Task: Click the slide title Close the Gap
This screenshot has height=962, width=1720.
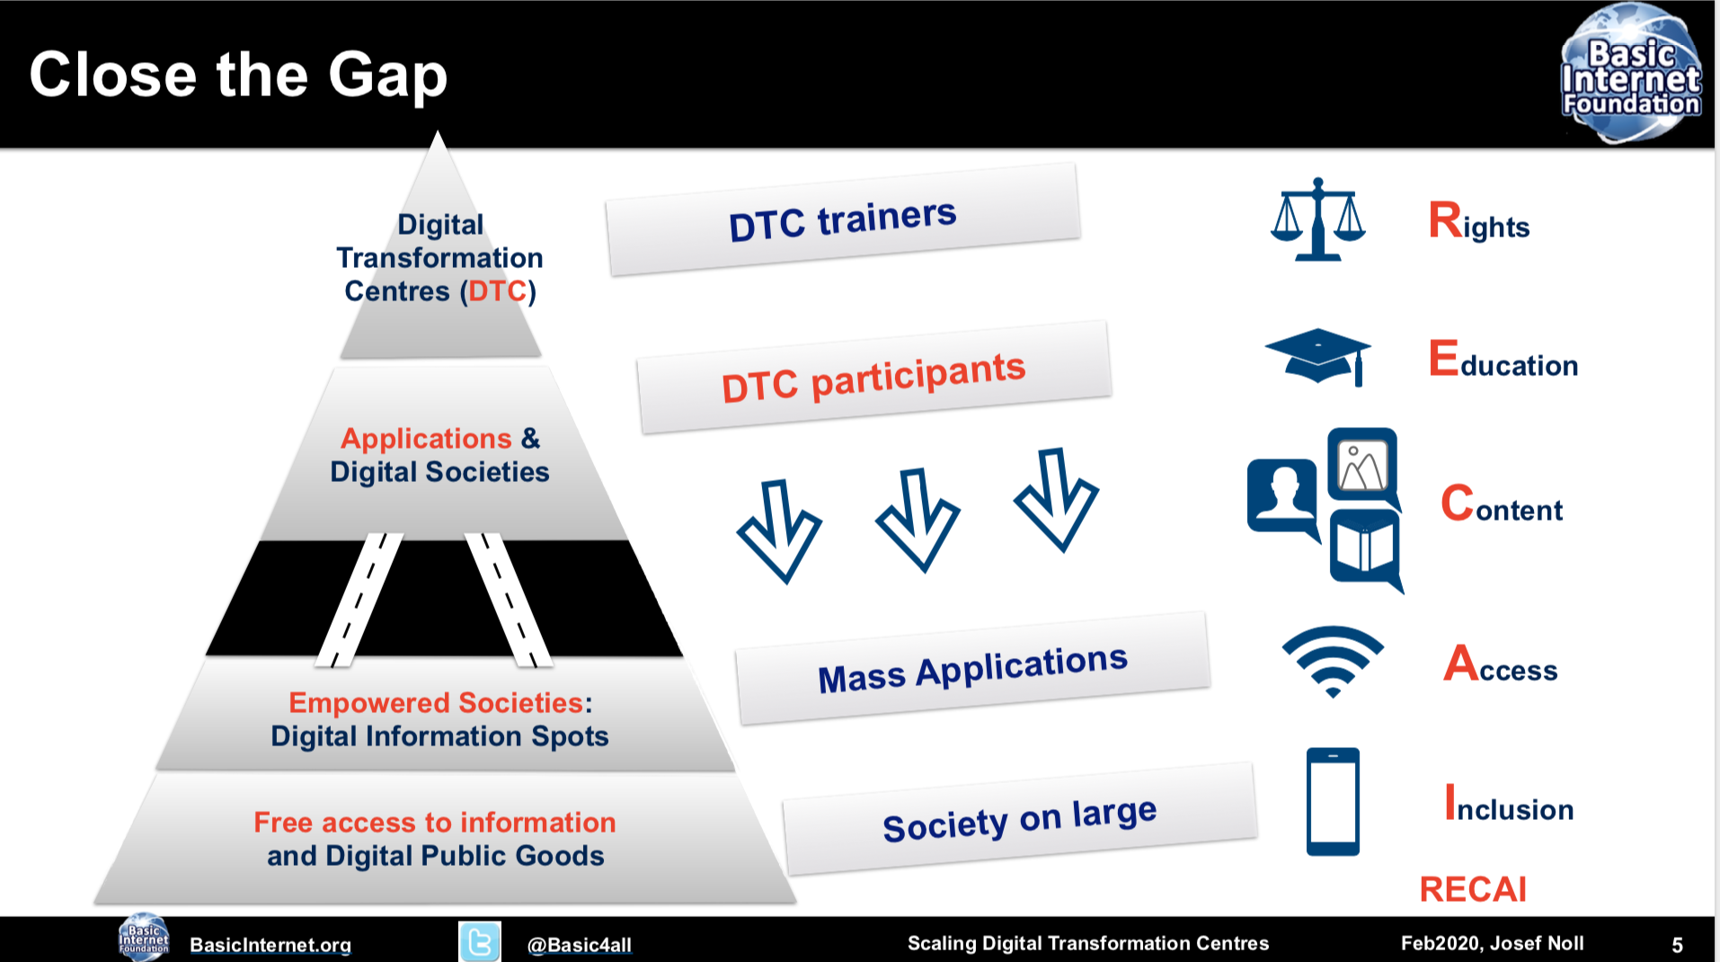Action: click(238, 75)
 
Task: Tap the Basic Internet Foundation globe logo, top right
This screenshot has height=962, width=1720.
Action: click(1631, 74)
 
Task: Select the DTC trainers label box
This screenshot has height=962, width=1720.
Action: click(843, 219)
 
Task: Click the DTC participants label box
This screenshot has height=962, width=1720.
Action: click(873, 378)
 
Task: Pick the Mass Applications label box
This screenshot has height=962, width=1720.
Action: click(972, 669)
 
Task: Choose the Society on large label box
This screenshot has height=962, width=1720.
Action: click(1019, 819)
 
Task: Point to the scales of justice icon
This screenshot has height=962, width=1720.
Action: click(1317, 219)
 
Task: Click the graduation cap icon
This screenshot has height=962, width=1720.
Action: click(1318, 356)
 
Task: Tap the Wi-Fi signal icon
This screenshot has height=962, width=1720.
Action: click(1333, 661)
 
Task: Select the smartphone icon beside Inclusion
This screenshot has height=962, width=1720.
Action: click(1333, 801)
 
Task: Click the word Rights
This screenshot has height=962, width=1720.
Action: click(1479, 221)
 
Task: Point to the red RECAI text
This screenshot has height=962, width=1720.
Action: click(1473, 889)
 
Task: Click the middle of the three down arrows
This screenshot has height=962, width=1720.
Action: click(918, 520)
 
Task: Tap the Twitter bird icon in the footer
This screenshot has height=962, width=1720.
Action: click(480, 941)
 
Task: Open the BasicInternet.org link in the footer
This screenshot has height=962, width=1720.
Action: click(270, 945)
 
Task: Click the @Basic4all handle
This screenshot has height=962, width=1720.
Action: click(580, 945)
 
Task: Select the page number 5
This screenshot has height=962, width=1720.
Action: click(1677, 945)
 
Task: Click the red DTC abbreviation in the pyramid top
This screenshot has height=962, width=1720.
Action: click(497, 291)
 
